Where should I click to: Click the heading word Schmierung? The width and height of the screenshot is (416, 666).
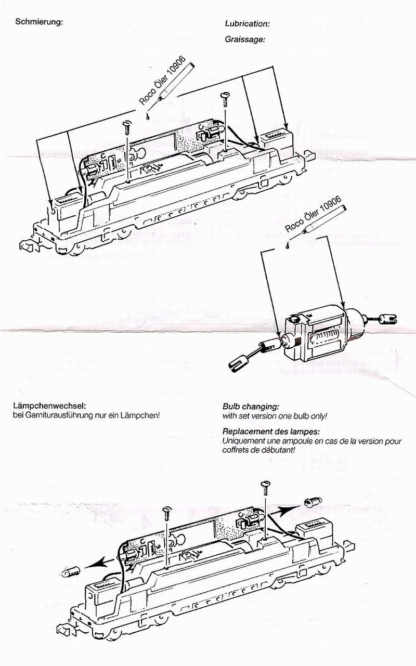[x=40, y=22]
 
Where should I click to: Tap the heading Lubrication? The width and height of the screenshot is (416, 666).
[x=247, y=24]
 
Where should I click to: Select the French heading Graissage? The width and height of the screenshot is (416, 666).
[x=245, y=39]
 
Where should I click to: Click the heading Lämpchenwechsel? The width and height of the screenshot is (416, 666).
[x=49, y=406]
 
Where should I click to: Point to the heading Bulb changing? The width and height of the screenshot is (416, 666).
[x=251, y=406]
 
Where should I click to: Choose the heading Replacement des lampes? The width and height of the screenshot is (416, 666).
[x=271, y=432]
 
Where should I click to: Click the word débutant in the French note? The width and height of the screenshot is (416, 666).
[x=278, y=450]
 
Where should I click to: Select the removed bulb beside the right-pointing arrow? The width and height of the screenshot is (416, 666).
[x=314, y=502]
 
